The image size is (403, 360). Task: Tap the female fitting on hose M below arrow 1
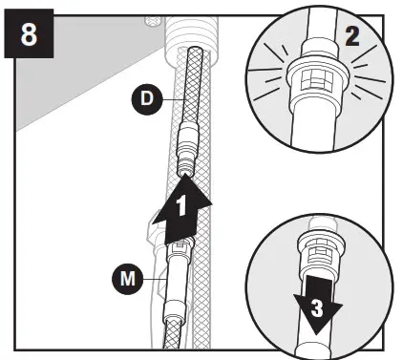tap(178, 254)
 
